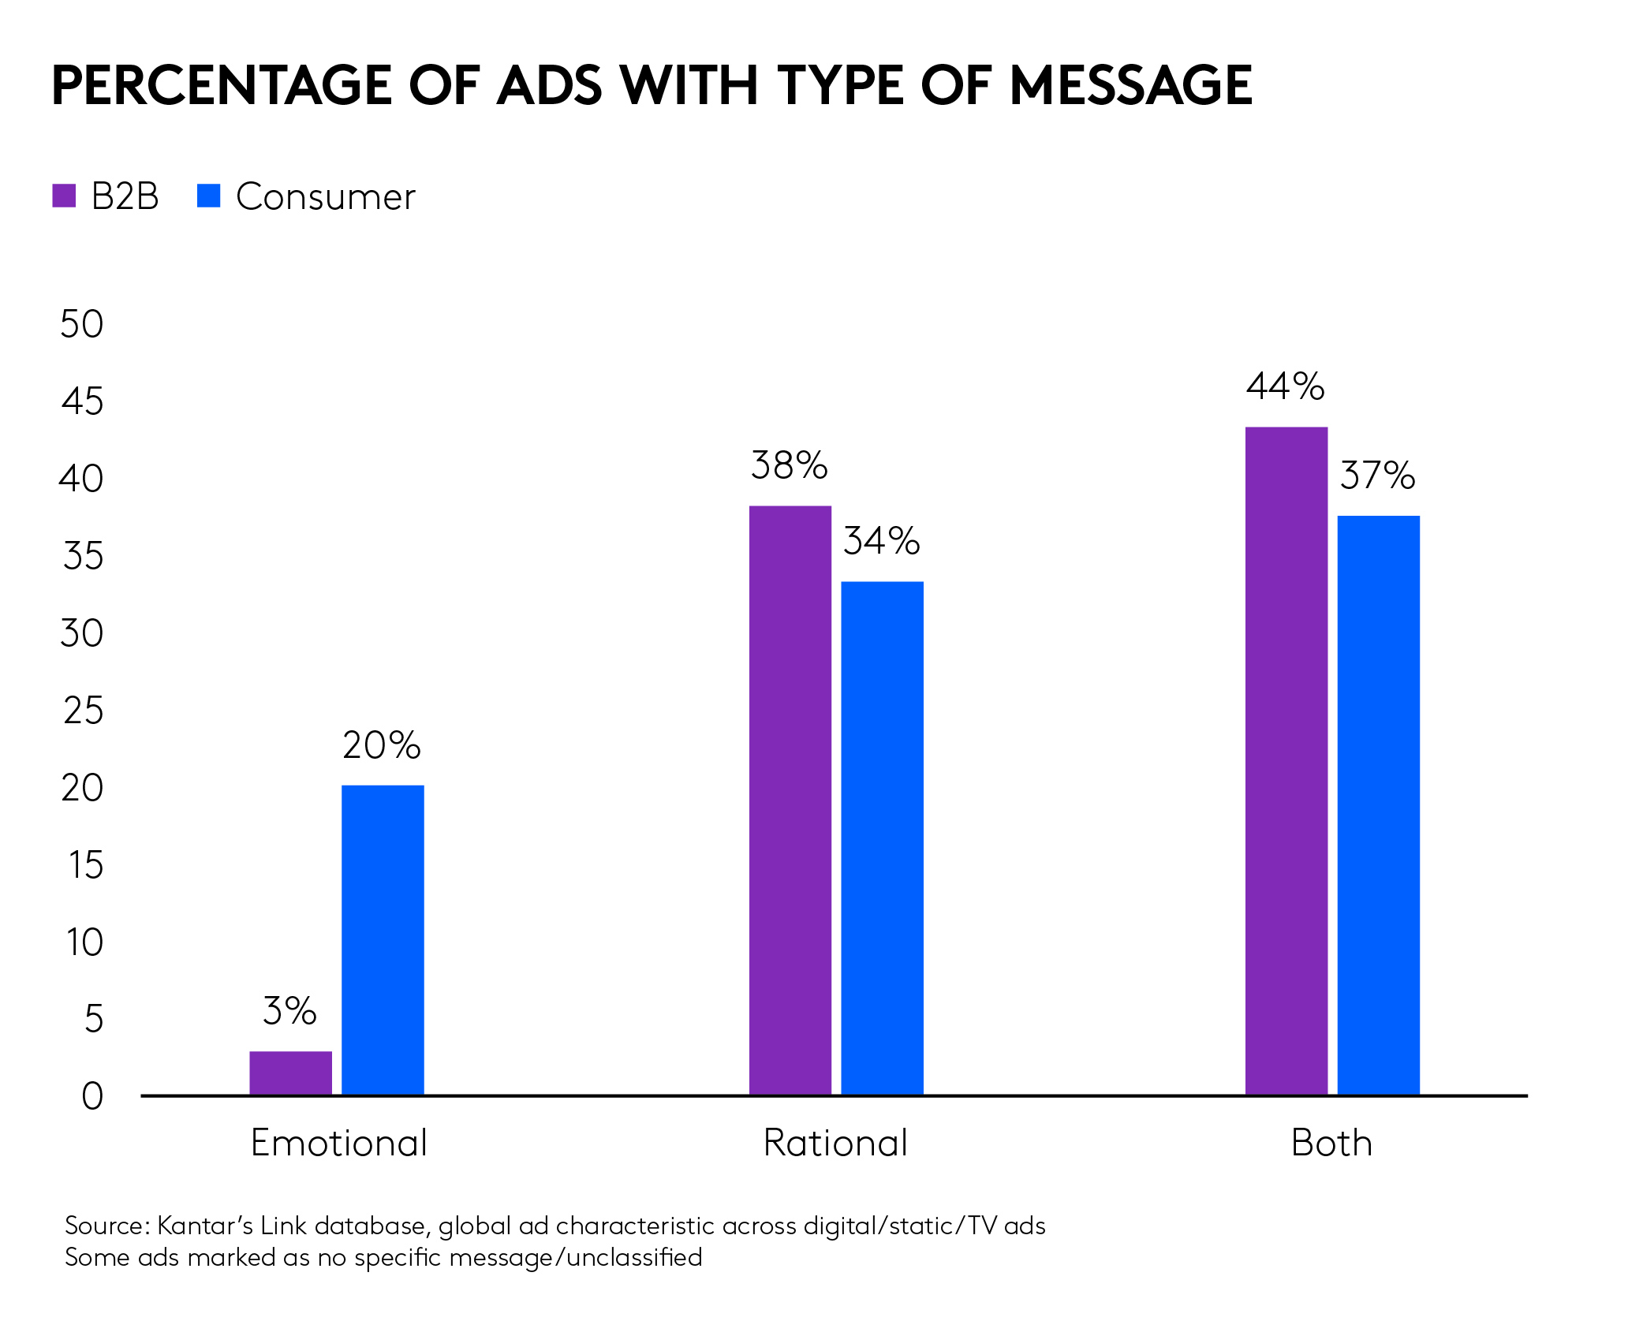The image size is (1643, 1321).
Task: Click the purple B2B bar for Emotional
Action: pos(290,1073)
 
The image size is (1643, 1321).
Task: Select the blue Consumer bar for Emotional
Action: pos(383,939)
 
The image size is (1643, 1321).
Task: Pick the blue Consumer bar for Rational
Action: pos(882,838)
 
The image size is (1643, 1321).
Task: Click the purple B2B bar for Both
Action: pos(1286,760)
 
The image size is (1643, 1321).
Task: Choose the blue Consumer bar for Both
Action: pos(1378,804)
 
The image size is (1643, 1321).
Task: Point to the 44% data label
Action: pos(1285,386)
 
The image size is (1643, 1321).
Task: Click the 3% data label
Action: pos(289,1011)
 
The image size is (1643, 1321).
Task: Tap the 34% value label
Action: pos(881,541)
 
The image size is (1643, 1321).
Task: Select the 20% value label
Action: pos(382,745)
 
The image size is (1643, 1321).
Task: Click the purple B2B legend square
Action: pos(64,196)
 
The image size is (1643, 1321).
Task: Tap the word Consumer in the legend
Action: pos(325,196)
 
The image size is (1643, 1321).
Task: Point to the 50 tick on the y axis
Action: pos(82,324)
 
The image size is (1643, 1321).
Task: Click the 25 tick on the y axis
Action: pos(83,711)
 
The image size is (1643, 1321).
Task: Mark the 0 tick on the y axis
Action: pos(92,1096)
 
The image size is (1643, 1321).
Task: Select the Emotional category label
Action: pos(339,1143)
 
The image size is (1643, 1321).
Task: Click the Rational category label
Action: pos(835,1143)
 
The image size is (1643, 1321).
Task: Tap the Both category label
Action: pos(1331,1143)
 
